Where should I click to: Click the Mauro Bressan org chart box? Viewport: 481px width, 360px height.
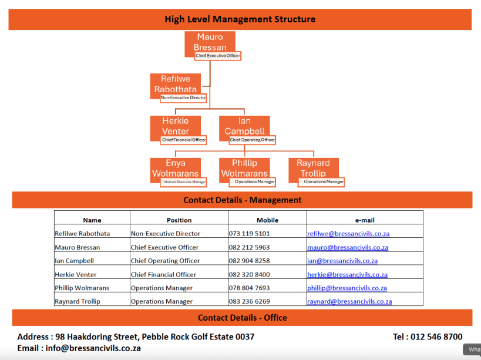(x=210, y=42)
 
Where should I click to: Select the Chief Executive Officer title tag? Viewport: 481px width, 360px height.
(x=218, y=56)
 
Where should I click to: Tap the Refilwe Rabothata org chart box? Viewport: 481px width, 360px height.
(x=175, y=84)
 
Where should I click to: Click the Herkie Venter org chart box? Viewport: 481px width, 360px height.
(x=175, y=126)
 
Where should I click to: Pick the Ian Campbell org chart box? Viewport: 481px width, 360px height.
(x=244, y=126)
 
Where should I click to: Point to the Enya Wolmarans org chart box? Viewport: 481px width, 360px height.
(x=175, y=168)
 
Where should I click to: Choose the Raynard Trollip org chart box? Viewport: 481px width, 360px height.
(x=313, y=168)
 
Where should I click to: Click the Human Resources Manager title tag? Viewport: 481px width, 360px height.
(x=184, y=182)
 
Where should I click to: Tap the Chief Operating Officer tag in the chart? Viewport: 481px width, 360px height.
(x=252, y=140)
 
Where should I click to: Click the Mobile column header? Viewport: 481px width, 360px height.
(x=267, y=220)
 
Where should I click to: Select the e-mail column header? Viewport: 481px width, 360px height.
(x=364, y=220)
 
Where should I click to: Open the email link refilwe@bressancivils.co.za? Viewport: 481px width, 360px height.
(x=348, y=234)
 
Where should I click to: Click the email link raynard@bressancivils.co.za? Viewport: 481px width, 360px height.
(x=349, y=301)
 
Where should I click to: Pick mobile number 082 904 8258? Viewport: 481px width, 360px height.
(x=249, y=261)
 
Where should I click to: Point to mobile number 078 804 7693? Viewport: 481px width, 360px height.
(x=249, y=288)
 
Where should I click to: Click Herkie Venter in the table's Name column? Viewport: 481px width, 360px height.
(x=76, y=274)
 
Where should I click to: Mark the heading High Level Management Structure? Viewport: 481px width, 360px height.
(x=240, y=19)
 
